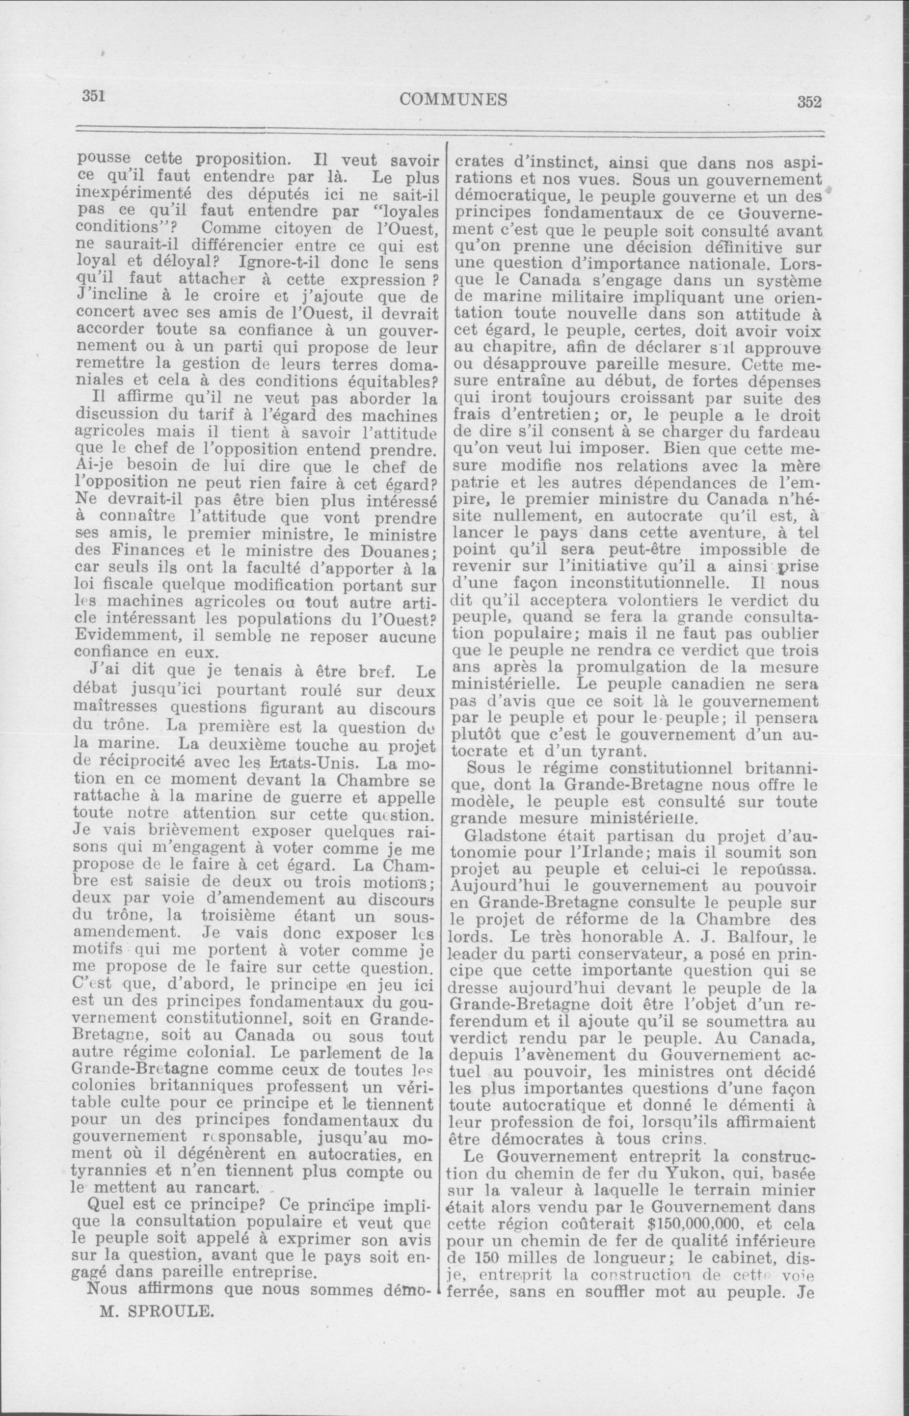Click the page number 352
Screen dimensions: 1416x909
809,102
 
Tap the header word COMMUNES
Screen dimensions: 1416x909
454,99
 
